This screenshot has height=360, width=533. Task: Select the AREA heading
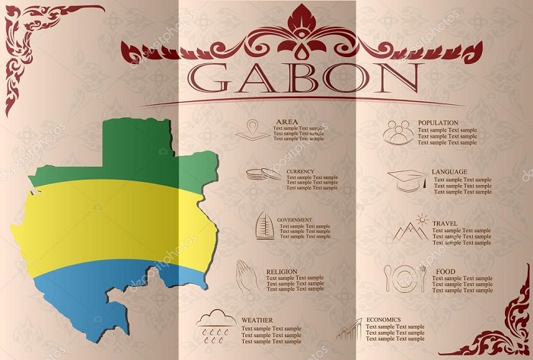click(287, 122)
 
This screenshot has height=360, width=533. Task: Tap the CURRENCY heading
click(300, 171)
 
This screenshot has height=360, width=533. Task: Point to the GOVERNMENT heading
click(295, 219)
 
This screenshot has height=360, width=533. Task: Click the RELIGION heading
click(282, 271)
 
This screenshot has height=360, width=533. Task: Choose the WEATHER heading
click(257, 320)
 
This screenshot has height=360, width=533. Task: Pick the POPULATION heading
click(438, 123)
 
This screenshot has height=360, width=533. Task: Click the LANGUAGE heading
click(449, 172)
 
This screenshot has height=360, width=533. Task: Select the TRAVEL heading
click(445, 224)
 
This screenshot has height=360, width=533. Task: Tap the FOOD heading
click(445, 272)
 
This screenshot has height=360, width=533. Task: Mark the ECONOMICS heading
click(384, 320)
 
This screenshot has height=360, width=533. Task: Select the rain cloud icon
click(215, 324)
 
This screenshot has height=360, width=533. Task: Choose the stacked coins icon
click(263, 174)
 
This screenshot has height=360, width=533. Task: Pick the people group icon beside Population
click(398, 132)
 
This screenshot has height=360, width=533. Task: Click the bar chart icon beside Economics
click(347, 330)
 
